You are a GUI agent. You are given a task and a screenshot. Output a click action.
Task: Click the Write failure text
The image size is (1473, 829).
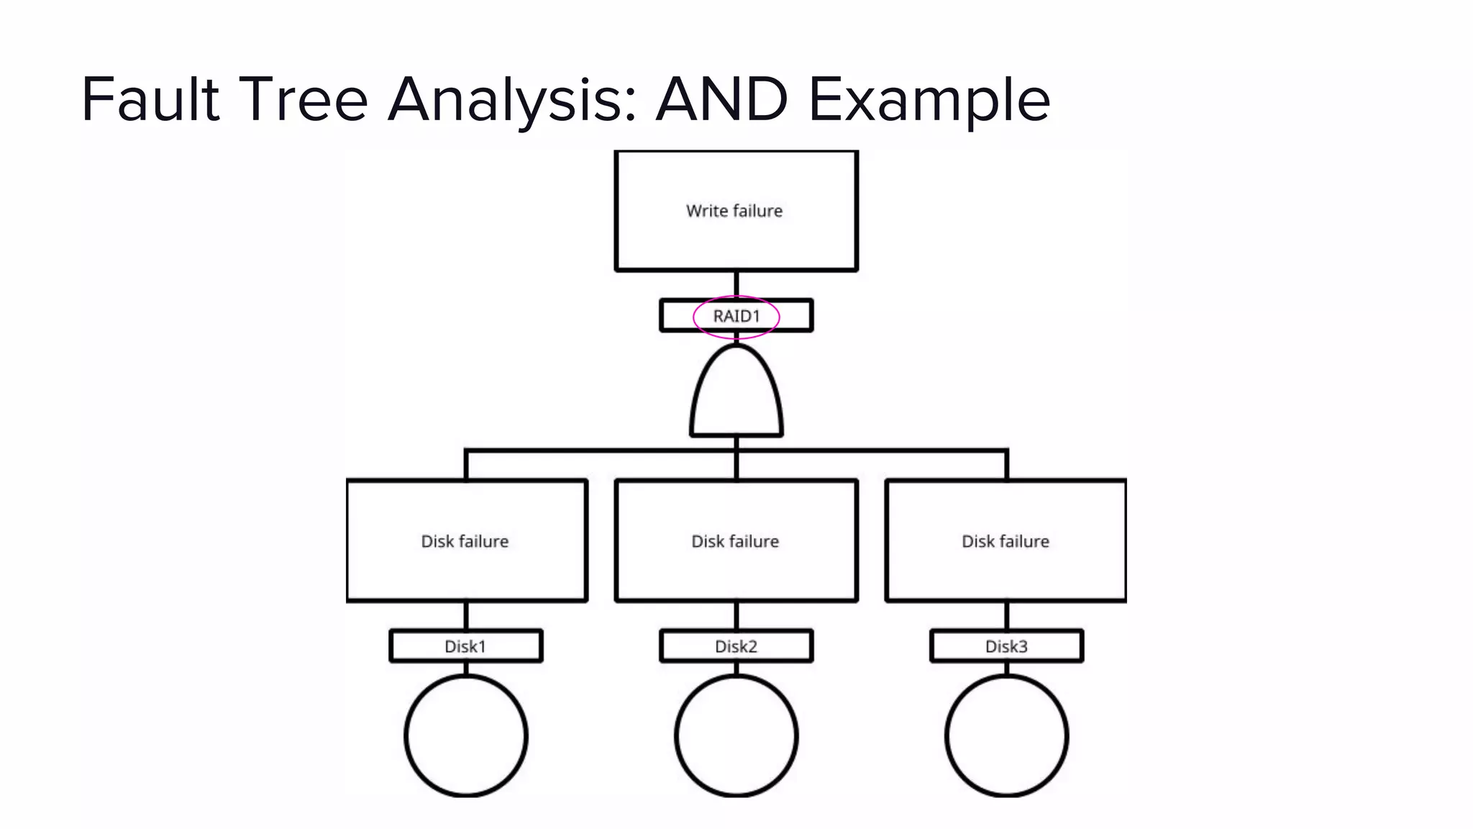(734, 211)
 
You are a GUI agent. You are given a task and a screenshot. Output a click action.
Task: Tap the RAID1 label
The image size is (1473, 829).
(736, 316)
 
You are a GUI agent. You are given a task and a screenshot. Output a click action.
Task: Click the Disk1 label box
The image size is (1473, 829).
(465, 646)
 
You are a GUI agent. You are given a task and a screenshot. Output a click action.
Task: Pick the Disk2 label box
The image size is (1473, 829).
(736, 646)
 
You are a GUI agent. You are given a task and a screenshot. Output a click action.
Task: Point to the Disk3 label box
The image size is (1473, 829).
(1006, 646)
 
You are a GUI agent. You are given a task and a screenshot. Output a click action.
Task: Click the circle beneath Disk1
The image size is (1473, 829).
(466, 735)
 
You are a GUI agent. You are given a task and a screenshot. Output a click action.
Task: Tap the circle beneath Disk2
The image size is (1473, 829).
(736, 735)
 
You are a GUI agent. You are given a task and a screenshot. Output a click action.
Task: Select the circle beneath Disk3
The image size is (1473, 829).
(1007, 735)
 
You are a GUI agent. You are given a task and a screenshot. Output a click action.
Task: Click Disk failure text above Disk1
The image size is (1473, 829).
(465, 541)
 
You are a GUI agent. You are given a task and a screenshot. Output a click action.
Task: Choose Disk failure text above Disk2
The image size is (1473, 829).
(735, 541)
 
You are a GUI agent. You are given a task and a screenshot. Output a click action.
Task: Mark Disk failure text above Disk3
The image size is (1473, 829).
(1005, 541)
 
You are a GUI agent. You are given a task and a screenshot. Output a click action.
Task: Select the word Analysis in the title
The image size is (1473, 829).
(511, 101)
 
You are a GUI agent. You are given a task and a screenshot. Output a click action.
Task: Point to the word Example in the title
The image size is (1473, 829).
(929, 101)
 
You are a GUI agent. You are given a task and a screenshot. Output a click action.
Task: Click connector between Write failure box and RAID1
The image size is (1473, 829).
(736, 285)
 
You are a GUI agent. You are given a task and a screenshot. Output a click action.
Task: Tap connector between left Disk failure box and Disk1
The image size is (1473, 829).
(466, 616)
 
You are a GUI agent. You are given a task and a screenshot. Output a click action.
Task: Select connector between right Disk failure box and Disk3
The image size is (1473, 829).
(1007, 616)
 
